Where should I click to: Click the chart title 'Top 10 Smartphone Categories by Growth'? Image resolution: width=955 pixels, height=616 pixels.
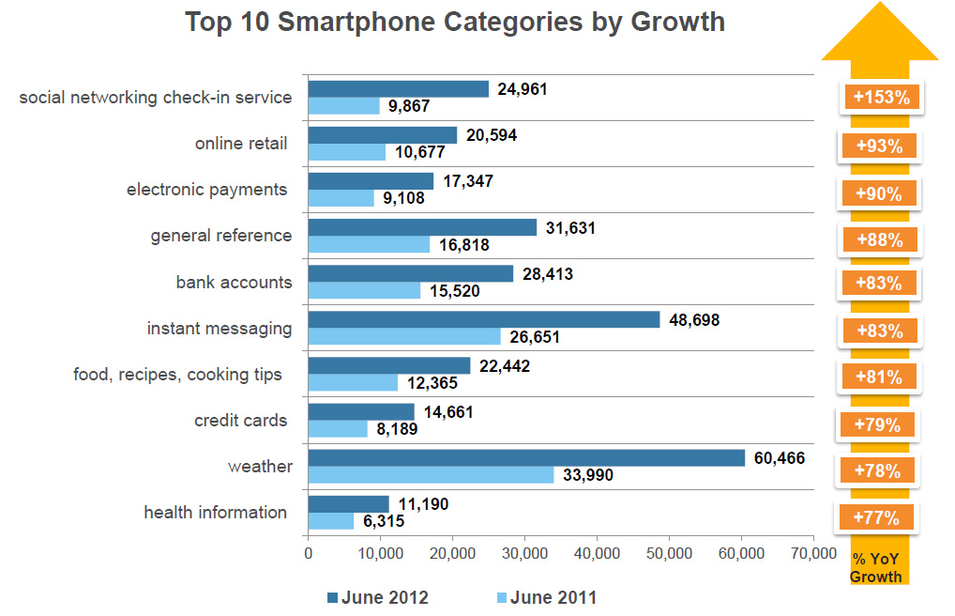tap(455, 22)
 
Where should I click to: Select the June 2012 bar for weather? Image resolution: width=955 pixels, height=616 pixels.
tap(526, 458)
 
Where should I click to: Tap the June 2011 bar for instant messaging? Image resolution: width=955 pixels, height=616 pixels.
tap(404, 336)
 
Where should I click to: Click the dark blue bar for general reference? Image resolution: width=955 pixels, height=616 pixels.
tap(422, 227)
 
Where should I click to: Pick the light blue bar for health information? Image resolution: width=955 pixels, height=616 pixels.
tap(331, 521)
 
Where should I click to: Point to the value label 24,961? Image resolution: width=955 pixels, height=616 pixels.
tap(522, 89)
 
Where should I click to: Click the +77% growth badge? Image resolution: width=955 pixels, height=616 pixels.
tap(876, 516)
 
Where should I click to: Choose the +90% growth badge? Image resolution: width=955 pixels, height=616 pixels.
tap(879, 193)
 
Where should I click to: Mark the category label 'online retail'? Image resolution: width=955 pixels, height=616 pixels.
tap(241, 144)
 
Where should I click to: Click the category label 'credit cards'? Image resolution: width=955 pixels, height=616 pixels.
tap(240, 420)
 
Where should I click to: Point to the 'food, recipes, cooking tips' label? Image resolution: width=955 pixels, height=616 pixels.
tap(177, 375)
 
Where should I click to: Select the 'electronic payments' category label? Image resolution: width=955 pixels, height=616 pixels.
tap(206, 190)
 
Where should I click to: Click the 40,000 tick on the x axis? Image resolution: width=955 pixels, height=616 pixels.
tap(598, 554)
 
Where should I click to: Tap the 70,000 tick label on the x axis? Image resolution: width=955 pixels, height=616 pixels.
tap(813, 554)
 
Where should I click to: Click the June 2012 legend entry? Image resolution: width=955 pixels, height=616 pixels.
tap(378, 597)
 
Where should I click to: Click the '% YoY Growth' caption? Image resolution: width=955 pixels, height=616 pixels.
tap(876, 568)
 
